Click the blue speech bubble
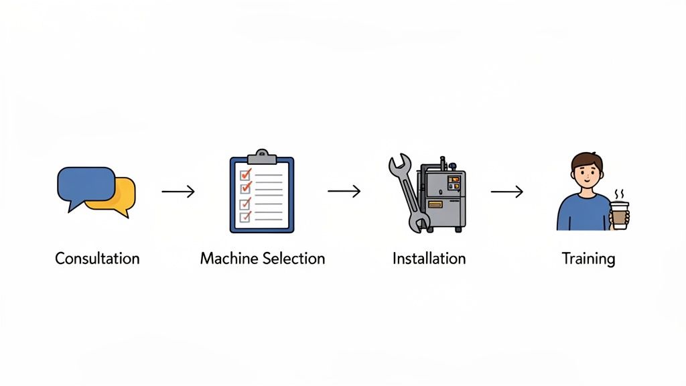click(84, 184)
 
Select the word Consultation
click(97, 258)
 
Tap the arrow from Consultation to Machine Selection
click(178, 192)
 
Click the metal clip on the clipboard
click(261, 157)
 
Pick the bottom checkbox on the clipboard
click(245, 216)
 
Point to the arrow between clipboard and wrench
click(344, 192)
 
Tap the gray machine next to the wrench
click(442, 194)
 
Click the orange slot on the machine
click(435, 204)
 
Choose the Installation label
click(429, 258)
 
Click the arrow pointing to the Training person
click(507, 192)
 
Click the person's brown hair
click(586, 160)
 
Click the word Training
click(588, 259)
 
